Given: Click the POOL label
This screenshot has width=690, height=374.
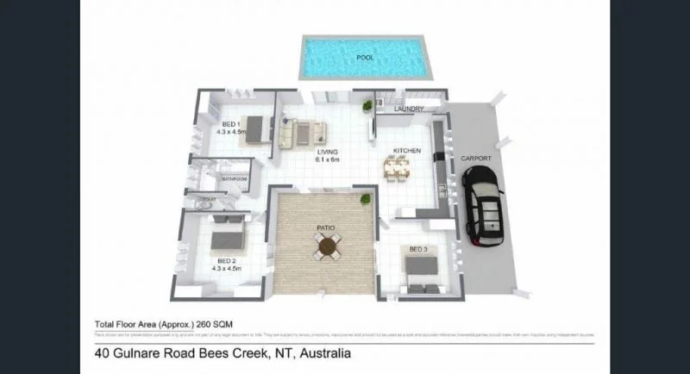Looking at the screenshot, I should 367,59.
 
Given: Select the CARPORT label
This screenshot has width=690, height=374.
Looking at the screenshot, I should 475,159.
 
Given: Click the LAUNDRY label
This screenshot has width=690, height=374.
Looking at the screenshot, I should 407,109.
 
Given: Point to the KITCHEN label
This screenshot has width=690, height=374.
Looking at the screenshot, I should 406,151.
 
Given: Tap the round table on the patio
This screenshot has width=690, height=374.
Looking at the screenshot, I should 328,247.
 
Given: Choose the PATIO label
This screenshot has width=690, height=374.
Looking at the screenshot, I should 328,228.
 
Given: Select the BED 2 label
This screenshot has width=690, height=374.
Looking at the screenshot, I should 227,261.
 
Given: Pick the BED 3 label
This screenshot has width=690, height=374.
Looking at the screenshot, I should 418,249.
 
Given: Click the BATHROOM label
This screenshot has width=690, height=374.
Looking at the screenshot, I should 235,179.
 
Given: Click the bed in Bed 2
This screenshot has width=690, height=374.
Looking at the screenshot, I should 228,235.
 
